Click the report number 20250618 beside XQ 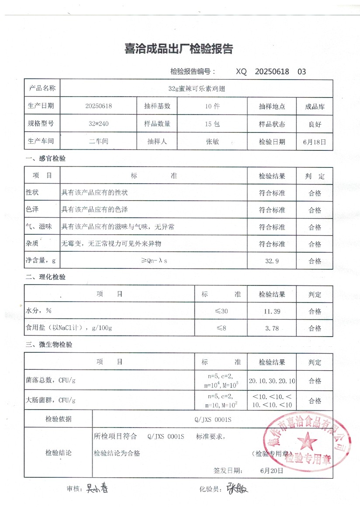point(272,72)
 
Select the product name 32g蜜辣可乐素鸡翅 point(196,88)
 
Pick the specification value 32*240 point(98,124)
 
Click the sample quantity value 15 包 point(212,124)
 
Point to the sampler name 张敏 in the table point(212,142)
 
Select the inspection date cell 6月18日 point(315,142)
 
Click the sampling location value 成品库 point(315,107)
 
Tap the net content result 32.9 point(271,261)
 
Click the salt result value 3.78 point(271,328)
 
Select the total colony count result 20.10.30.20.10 point(272,381)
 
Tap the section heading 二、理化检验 point(45,277)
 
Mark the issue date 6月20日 point(271,471)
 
